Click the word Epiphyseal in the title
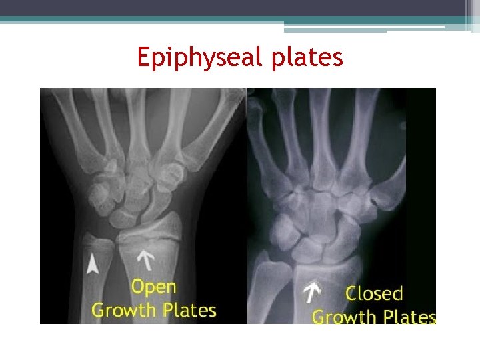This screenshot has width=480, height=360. [x=200, y=58]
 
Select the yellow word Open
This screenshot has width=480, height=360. [x=154, y=287]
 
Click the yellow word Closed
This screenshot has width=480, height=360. [x=374, y=293]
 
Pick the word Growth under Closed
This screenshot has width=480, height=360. [x=341, y=317]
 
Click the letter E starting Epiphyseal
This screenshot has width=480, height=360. [x=143, y=58]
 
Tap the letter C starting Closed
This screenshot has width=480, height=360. [x=351, y=293]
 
